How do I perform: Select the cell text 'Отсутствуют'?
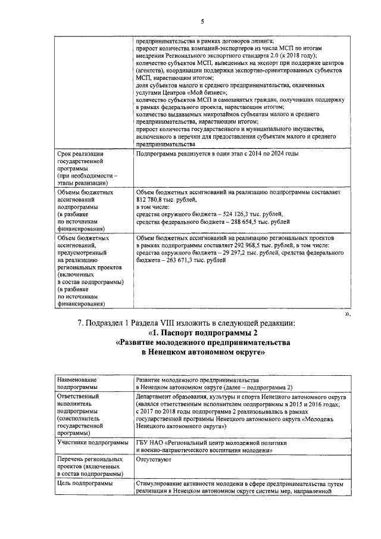[153, 459]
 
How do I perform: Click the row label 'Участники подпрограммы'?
[92, 443]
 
